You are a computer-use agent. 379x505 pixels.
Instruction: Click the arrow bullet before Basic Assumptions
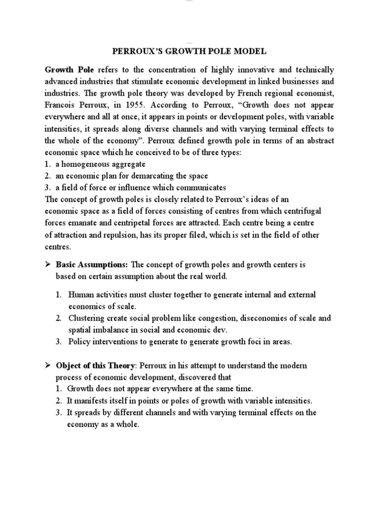(48, 265)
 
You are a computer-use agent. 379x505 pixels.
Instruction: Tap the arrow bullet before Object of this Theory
(48, 365)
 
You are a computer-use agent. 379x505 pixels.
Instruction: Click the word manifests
(93, 400)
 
